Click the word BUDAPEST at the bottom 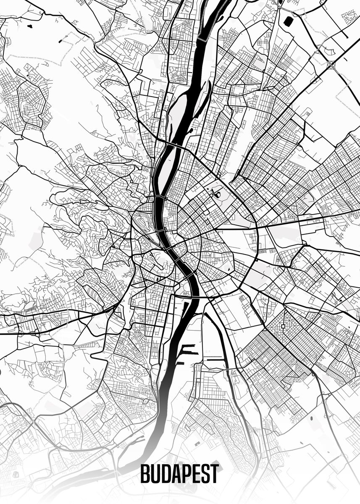point(179,474)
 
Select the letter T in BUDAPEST point(215,474)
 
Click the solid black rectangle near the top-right point(288,20)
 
